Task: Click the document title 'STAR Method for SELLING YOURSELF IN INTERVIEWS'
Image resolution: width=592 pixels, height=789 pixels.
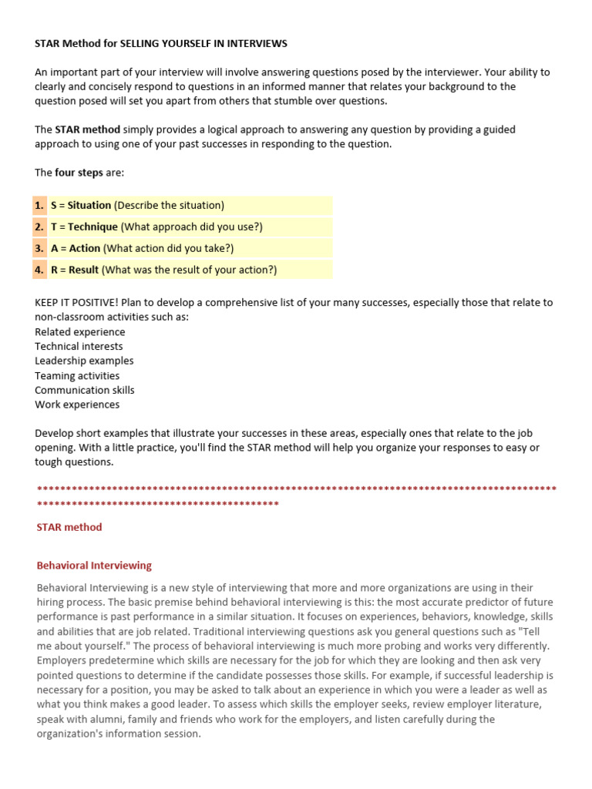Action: pyautogui.click(x=160, y=44)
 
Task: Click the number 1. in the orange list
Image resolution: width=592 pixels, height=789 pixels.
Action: pyautogui.click(x=39, y=206)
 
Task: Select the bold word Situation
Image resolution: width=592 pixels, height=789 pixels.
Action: pyautogui.click(x=89, y=206)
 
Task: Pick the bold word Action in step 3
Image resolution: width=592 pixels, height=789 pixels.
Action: pyautogui.click(x=84, y=248)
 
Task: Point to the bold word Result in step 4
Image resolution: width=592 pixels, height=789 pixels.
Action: pyautogui.click(x=83, y=270)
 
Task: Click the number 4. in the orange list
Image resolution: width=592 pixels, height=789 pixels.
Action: pyautogui.click(x=39, y=270)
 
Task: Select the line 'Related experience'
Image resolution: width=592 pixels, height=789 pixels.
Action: pyautogui.click(x=79, y=332)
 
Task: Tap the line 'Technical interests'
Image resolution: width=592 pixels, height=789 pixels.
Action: pyautogui.click(x=79, y=347)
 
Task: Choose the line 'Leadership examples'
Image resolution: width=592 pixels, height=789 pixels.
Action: pyautogui.click(x=84, y=361)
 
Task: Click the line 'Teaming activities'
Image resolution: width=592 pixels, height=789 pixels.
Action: pyautogui.click(x=77, y=376)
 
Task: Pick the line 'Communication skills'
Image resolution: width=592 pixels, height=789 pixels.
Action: pyautogui.click(x=84, y=390)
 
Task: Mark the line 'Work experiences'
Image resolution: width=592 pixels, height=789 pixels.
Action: pyautogui.click(x=77, y=405)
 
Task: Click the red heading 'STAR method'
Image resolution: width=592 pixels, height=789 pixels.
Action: pyautogui.click(x=69, y=528)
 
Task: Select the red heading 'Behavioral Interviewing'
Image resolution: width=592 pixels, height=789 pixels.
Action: pyautogui.click(x=94, y=566)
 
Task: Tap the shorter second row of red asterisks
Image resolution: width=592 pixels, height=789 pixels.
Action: pyautogui.click(x=157, y=504)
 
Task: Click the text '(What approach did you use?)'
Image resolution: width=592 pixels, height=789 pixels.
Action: pyautogui.click(x=192, y=227)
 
